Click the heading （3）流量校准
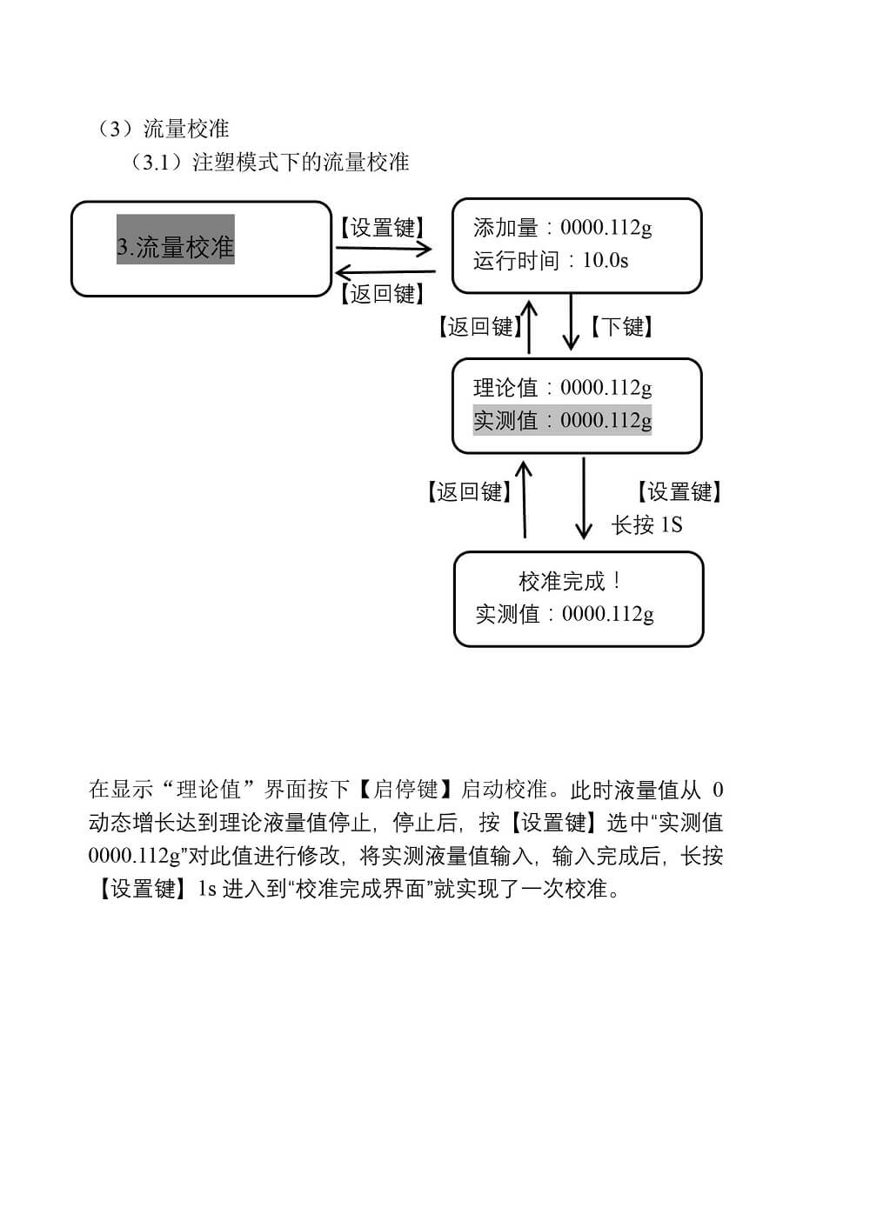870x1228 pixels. pos(162,129)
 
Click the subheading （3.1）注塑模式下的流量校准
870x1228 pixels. pos(268,163)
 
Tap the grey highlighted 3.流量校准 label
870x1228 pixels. pos(176,247)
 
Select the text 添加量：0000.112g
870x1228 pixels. pos(563,228)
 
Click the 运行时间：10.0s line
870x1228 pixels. pos(551,260)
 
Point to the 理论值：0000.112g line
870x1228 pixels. pos(563,388)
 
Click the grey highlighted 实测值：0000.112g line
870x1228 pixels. pos(563,420)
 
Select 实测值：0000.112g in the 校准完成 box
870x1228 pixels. pos(565,614)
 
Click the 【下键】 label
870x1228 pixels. pos(621,327)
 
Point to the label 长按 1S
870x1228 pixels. pos(646,524)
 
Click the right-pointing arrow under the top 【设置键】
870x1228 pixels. pos(384,249)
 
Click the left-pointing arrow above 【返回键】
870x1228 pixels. pos(385,272)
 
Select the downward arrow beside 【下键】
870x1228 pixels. pos(571,322)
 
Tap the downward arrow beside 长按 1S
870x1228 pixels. pos(584,498)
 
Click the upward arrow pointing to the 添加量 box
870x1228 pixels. pos(529,327)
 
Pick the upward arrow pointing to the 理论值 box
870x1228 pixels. pos(525,499)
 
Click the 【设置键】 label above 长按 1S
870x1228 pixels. pos(679,491)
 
